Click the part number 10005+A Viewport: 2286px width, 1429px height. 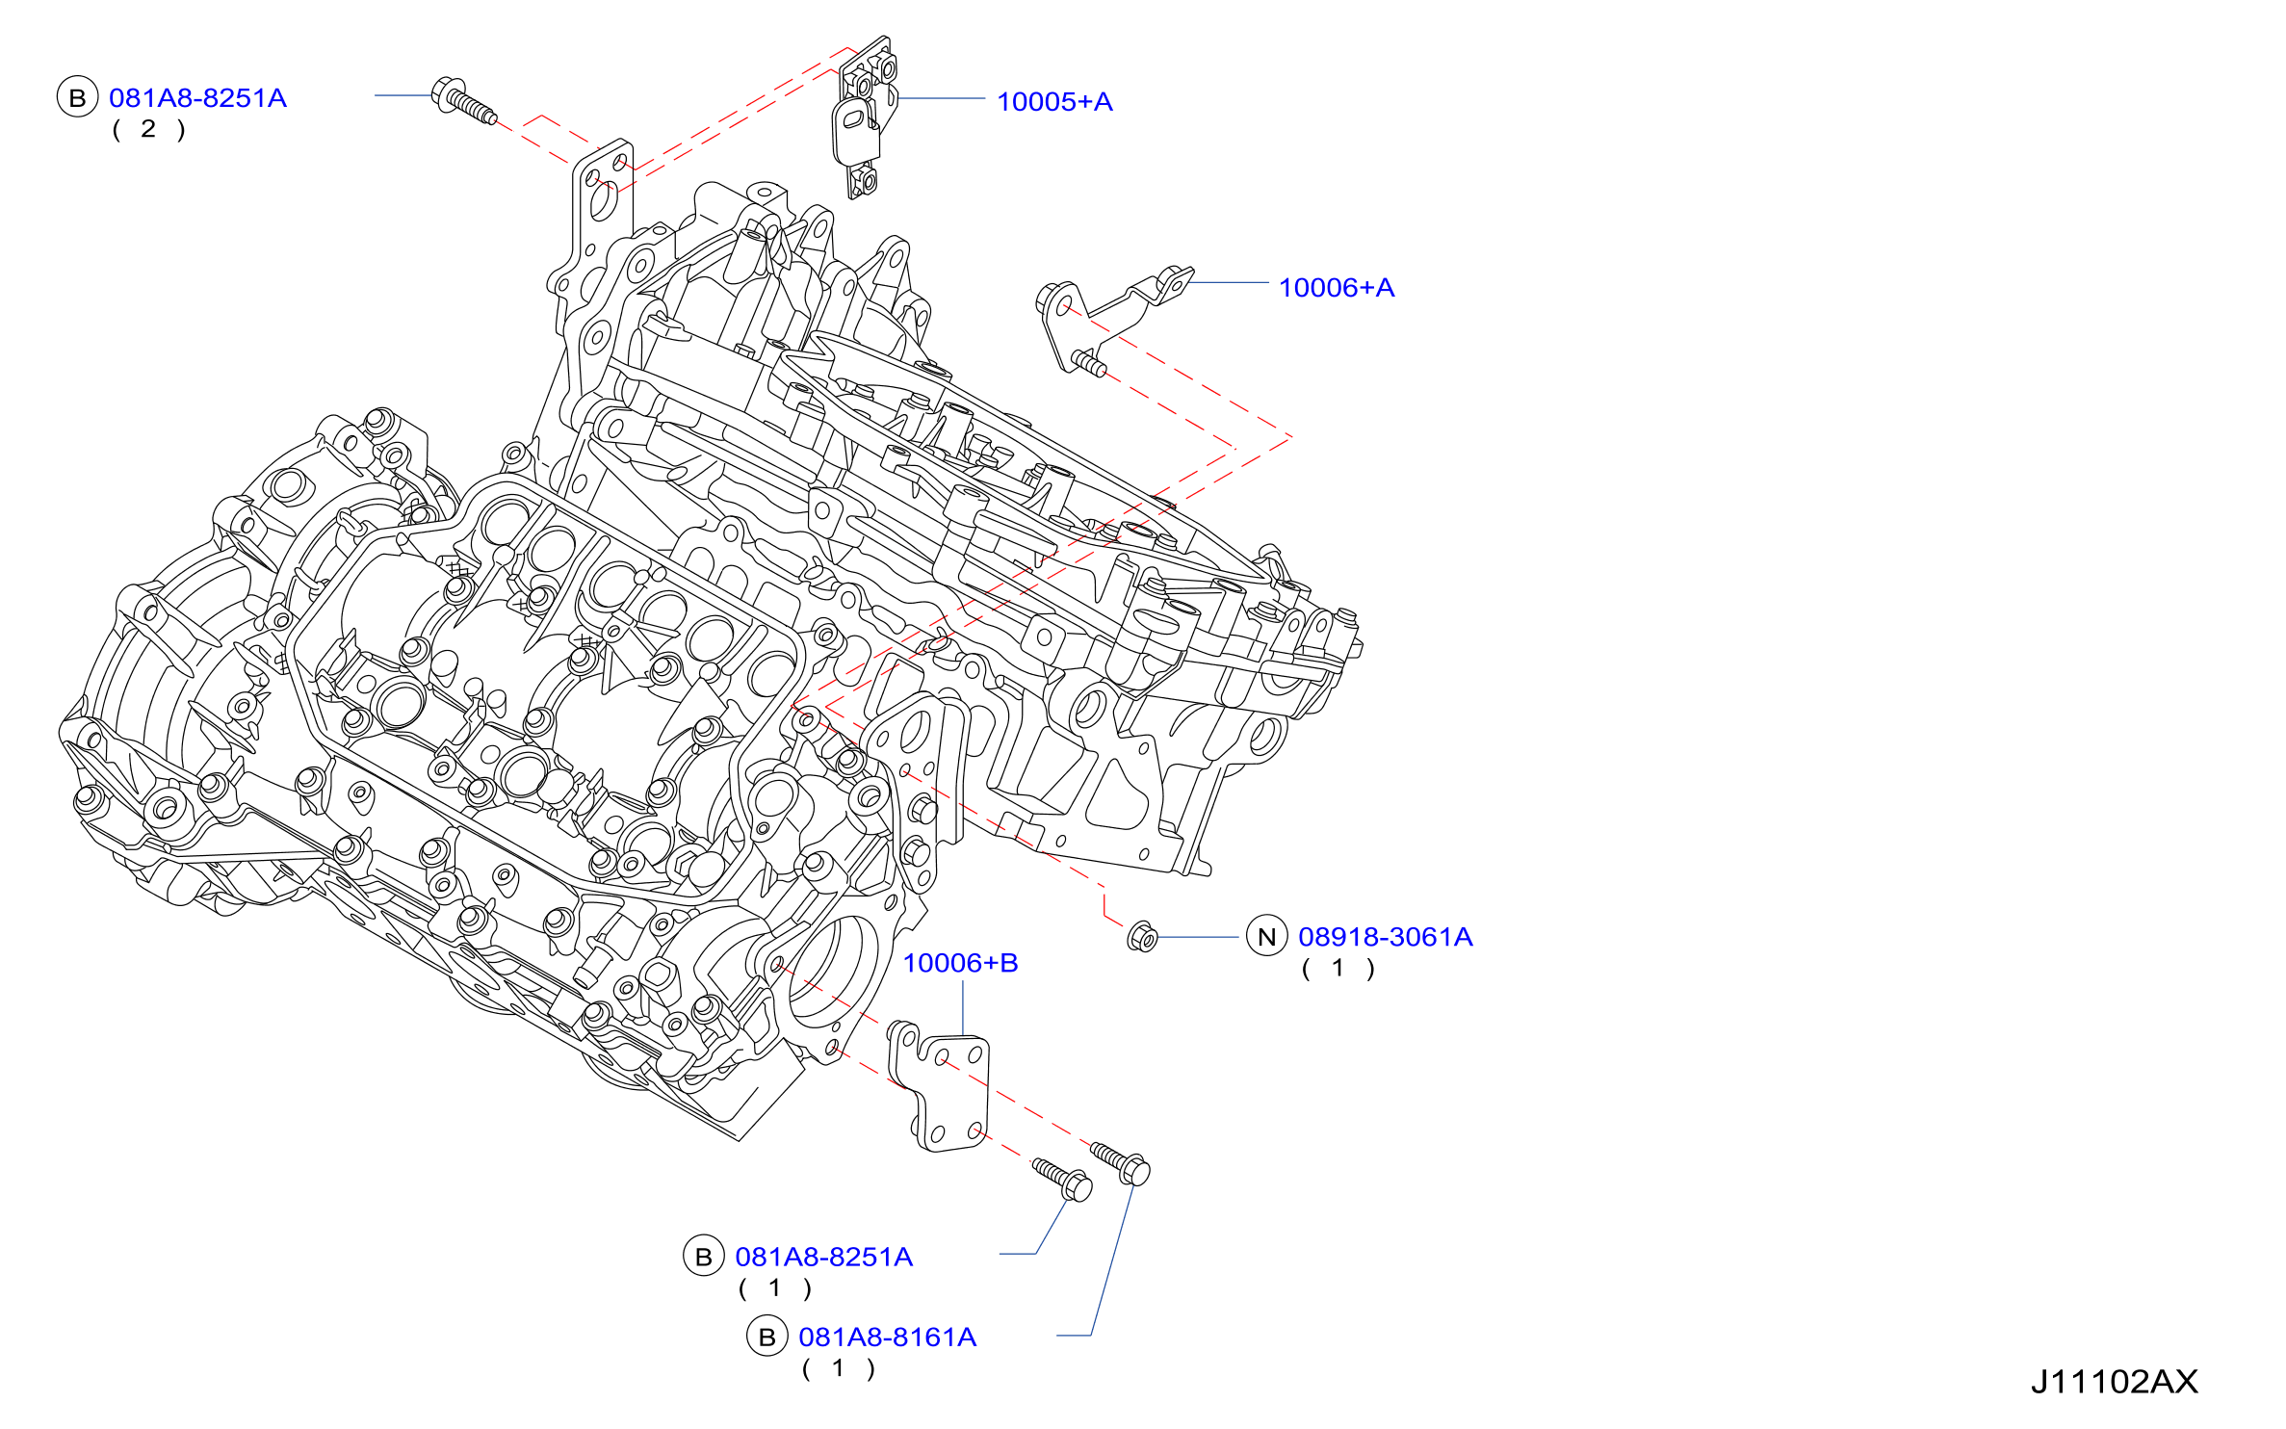pos(1054,101)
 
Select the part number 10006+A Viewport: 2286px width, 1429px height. pos(1337,287)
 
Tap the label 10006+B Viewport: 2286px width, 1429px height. pos(960,963)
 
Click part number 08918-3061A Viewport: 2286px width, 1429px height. pos(1386,937)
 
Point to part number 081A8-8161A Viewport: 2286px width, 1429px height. pos(887,1337)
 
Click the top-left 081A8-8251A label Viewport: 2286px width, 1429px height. pos(197,98)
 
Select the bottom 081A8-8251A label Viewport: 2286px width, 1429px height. pos(823,1257)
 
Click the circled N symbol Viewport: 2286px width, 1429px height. pos(1267,936)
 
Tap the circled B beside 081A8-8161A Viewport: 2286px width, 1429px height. pos(767,1337)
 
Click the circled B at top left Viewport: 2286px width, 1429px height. pos(78,97)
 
